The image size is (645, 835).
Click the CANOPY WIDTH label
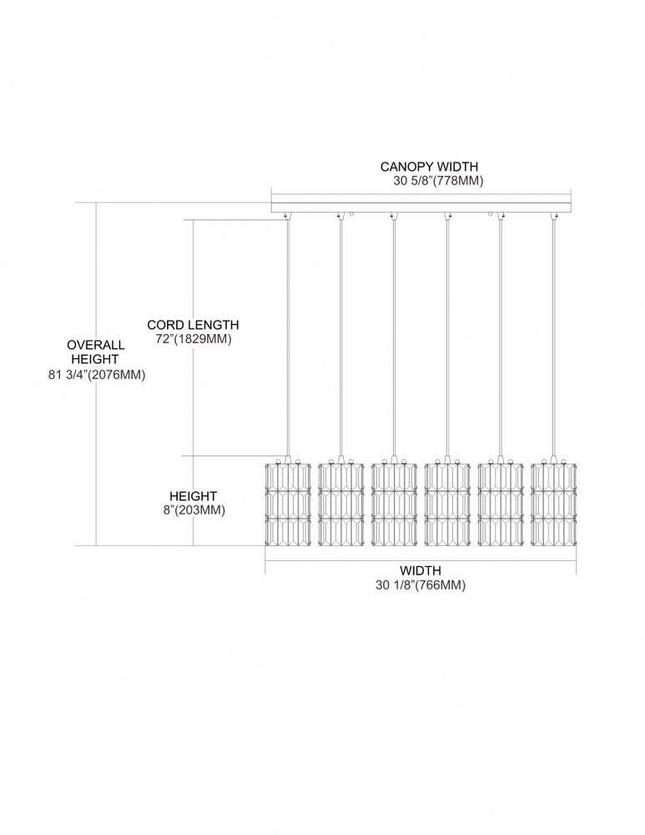[x=429, y=167]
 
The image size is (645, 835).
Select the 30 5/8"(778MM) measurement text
[x=439, y=181]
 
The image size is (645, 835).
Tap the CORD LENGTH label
[x=194, y=325]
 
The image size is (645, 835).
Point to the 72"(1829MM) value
[x=194, y=339]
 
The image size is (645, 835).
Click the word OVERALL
[x=96, y=345]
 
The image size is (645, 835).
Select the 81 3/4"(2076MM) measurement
[x=97, y=375]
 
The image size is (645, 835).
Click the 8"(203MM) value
[x=194, y=510]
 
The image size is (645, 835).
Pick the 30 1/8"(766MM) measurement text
[x=421, y=585]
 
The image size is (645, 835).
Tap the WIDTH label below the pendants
[x=421, y=571]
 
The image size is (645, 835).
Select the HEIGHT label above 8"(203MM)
[x=194, y=496]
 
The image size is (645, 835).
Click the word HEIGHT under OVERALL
[x=95, y=359]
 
